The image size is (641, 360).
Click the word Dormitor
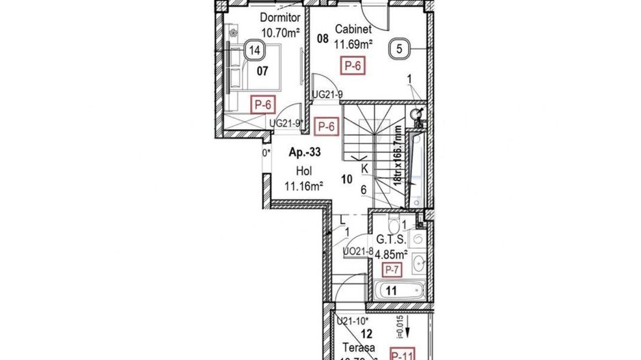[x=278, y=18]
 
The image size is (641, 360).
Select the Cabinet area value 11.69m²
[x=353, y=44]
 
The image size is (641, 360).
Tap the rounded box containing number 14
[x=255, y=50]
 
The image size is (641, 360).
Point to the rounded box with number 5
[x=400, y=49]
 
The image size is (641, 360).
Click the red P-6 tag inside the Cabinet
[x=353, y=66]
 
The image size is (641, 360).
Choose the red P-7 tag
[x=392, y=270]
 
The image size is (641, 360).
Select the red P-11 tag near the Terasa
[x=404, y=354]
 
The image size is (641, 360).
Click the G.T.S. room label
[x=392, y=240]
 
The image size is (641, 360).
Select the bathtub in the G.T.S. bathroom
[x=400, y=291]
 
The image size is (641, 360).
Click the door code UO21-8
[x=358, y=251]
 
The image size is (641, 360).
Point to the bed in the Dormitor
[x=254, y=68]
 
